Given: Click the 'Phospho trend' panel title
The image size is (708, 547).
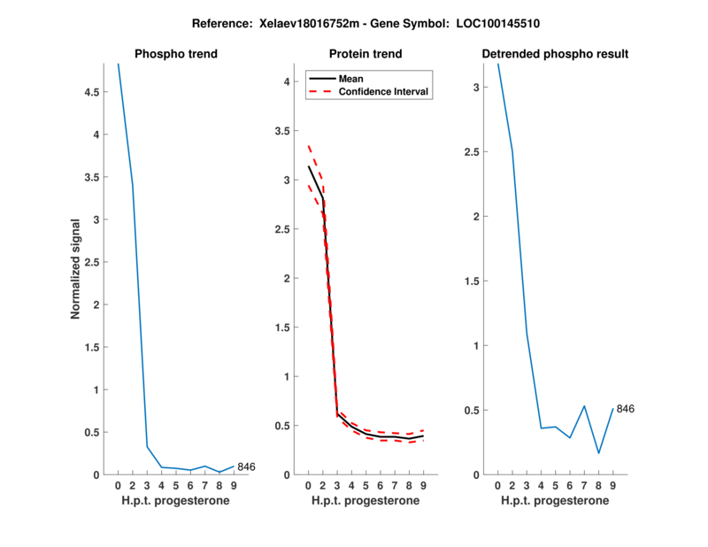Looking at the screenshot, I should pos(176,54).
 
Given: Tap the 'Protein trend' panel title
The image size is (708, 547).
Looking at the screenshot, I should pos(366,54).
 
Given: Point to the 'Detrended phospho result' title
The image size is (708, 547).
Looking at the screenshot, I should pos(555,54).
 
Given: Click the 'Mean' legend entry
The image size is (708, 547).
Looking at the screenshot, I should pos(351,79).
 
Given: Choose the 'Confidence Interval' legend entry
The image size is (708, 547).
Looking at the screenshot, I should pos(385,91).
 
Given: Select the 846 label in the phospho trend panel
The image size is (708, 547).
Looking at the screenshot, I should pos(247,466).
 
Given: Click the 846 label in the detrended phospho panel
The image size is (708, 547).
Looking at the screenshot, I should pos(626,409).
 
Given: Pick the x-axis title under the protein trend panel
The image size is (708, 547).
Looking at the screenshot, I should pos(366,500).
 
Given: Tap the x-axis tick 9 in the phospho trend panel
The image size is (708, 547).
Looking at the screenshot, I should pos(234,485).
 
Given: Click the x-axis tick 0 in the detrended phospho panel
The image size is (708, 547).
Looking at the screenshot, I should pos(497,485).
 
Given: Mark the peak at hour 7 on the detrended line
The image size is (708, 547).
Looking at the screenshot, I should pos(584,406).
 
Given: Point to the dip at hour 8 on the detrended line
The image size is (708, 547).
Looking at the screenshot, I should pos(598,453).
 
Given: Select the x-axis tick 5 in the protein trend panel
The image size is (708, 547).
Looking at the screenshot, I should pos(366,485).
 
